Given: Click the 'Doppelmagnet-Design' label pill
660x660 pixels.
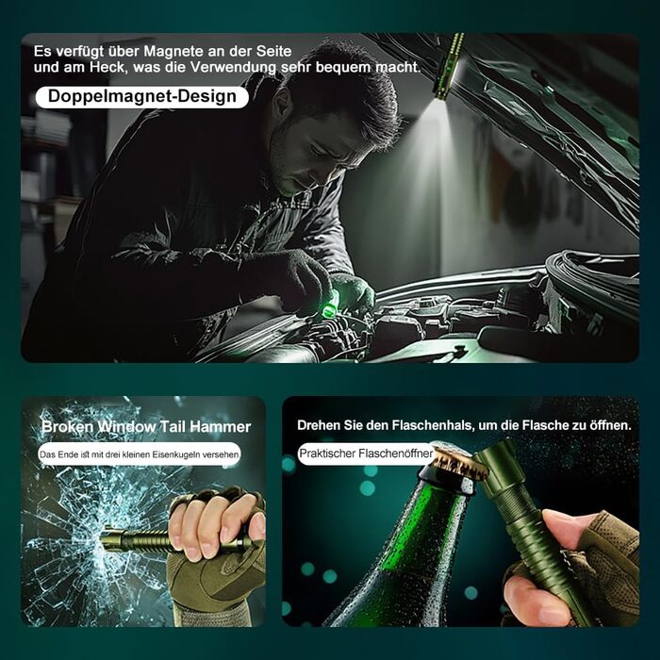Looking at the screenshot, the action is (142, 97).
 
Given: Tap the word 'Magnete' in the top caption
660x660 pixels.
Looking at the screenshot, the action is (174, 51).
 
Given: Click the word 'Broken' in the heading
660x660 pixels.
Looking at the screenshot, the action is (67, 427).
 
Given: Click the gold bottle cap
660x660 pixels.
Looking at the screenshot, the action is (459, 462).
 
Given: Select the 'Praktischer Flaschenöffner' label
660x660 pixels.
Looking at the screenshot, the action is (366, 454).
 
